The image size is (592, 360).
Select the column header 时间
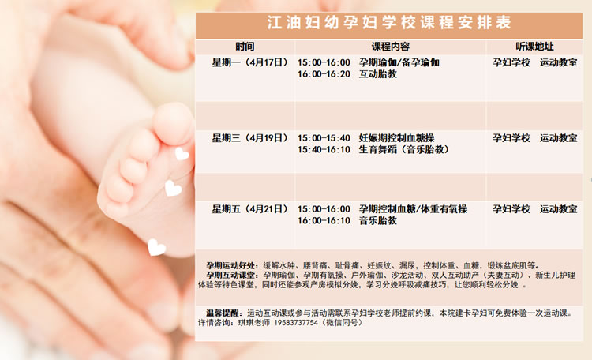[245, 47]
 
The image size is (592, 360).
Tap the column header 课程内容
[391, 47]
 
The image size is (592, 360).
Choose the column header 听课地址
[534, 47]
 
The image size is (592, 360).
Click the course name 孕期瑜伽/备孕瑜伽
[399, 62]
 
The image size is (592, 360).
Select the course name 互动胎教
[378, 73]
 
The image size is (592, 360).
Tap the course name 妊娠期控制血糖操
[397, 137]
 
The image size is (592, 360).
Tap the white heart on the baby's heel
[156, 247]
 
